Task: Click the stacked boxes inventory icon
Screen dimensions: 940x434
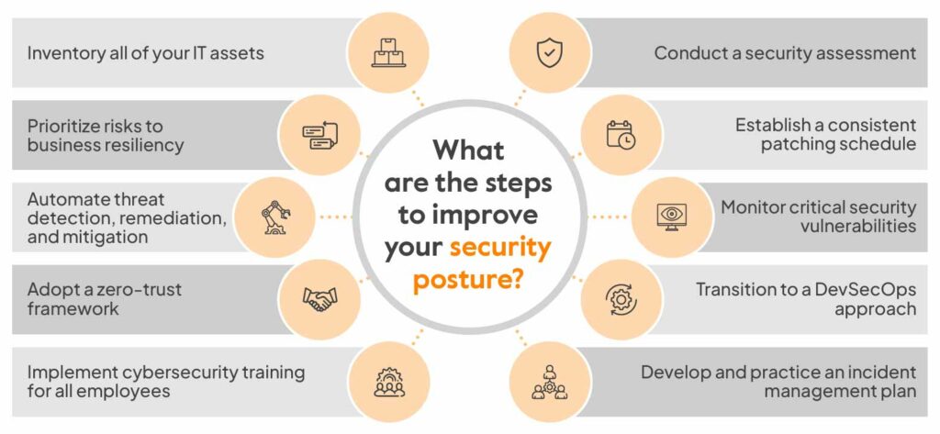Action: pyautogui.click(x=389, y=52)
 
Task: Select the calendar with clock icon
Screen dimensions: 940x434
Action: pyautogui.click(x=621, y=134)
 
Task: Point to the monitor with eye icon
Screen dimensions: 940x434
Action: pyautogui.click(x=671, y=217)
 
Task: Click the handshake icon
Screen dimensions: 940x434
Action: pyautogui.click(x=320, y=298)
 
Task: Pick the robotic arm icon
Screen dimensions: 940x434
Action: pyautogui.click(x=275, y=217)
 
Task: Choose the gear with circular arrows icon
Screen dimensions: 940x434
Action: pyautogui.click(x=620, y=298)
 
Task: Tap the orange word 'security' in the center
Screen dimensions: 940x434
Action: pyautogui.click(x=500, y=249)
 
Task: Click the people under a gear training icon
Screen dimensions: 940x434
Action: pyautogui.click(x=389, y=382)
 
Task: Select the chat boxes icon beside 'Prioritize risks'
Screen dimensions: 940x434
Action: pyautogui.click(x=320, y=135)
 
